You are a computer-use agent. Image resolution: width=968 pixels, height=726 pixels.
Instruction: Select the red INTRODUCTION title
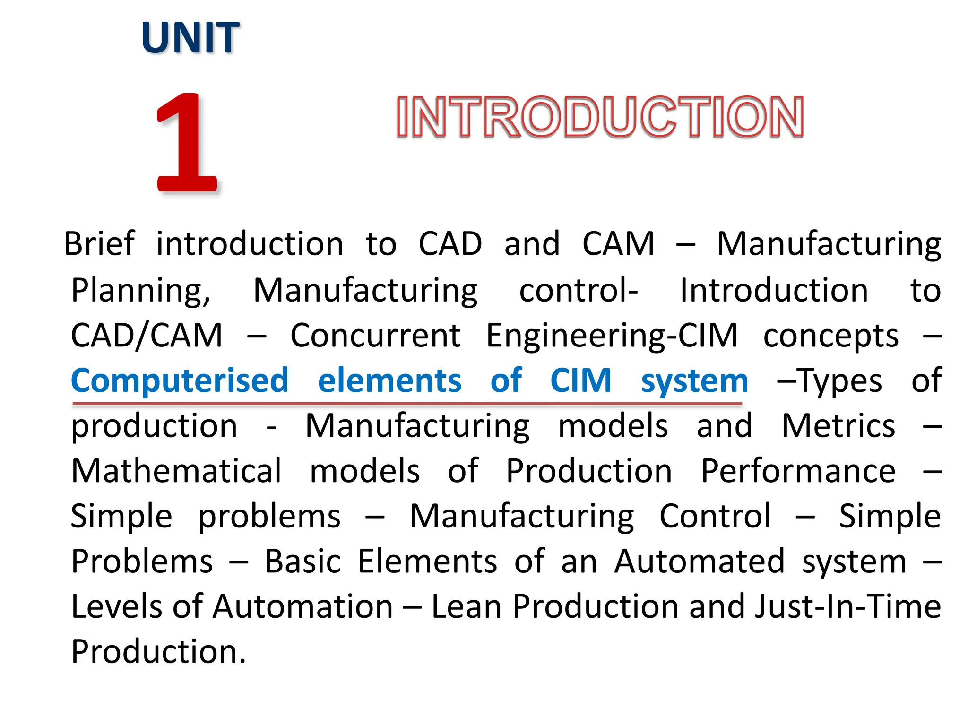tap(600, 117)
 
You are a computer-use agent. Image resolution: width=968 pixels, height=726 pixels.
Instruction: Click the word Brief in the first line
tap(99, 244)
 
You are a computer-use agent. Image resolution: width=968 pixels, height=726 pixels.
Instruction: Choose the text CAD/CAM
tap(147, 336)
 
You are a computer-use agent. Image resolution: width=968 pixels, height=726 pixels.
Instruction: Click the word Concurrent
tap(375, 336)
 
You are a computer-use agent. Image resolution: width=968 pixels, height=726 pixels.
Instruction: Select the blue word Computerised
tap(180, 381)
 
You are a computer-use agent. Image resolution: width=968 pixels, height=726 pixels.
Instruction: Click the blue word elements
tap(389, 381)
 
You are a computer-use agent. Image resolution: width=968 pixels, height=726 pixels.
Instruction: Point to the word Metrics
tap(838, 426)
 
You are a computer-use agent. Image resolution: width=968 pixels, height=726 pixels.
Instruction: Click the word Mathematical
tap(176, 471)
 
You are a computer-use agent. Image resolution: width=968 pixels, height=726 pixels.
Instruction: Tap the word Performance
tap(798, 471)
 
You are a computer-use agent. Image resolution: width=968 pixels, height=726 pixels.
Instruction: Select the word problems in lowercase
tap(269, 517)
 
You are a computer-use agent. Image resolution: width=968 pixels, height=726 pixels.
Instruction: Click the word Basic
tap(302, 562)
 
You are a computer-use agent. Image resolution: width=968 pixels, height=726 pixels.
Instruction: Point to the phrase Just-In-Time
tap(847, 607)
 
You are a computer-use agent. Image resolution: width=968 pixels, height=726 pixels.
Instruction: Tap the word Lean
tap(466, 607)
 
